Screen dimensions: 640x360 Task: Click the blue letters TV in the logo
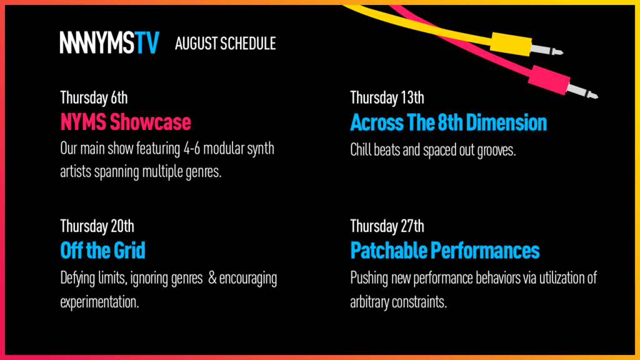147,42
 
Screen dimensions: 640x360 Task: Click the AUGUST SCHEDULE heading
225,44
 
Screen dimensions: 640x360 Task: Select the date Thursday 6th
94,97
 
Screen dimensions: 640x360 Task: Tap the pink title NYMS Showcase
126,122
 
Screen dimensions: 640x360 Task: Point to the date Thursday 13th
387,97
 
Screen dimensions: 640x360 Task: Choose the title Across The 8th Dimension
449,122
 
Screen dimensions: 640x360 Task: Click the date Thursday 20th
97,226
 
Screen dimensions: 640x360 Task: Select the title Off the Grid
102,250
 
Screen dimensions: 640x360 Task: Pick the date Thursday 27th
387,226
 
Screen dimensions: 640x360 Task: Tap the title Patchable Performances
445,250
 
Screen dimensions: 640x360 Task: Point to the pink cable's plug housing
549,79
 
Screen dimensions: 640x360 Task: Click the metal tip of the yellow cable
547,50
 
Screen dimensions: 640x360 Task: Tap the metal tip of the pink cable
582,91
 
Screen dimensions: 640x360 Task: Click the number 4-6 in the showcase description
192,148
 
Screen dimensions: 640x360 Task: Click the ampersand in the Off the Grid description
212,278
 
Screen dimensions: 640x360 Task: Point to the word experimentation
99,302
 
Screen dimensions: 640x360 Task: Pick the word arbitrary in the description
369,302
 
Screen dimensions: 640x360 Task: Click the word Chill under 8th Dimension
361,150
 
